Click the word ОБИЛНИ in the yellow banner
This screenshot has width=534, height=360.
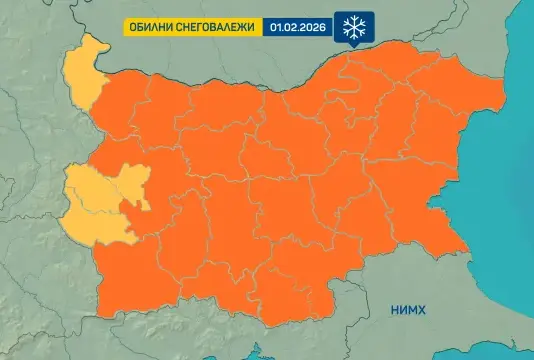(149, 29)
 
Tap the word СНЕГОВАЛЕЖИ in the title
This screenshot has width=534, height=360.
(214, 29)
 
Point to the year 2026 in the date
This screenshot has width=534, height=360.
(313, 29)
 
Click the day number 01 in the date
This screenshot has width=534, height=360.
(277, 29)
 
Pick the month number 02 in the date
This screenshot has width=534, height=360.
(291, 29)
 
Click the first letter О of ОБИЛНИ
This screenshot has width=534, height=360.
(131, 29)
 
